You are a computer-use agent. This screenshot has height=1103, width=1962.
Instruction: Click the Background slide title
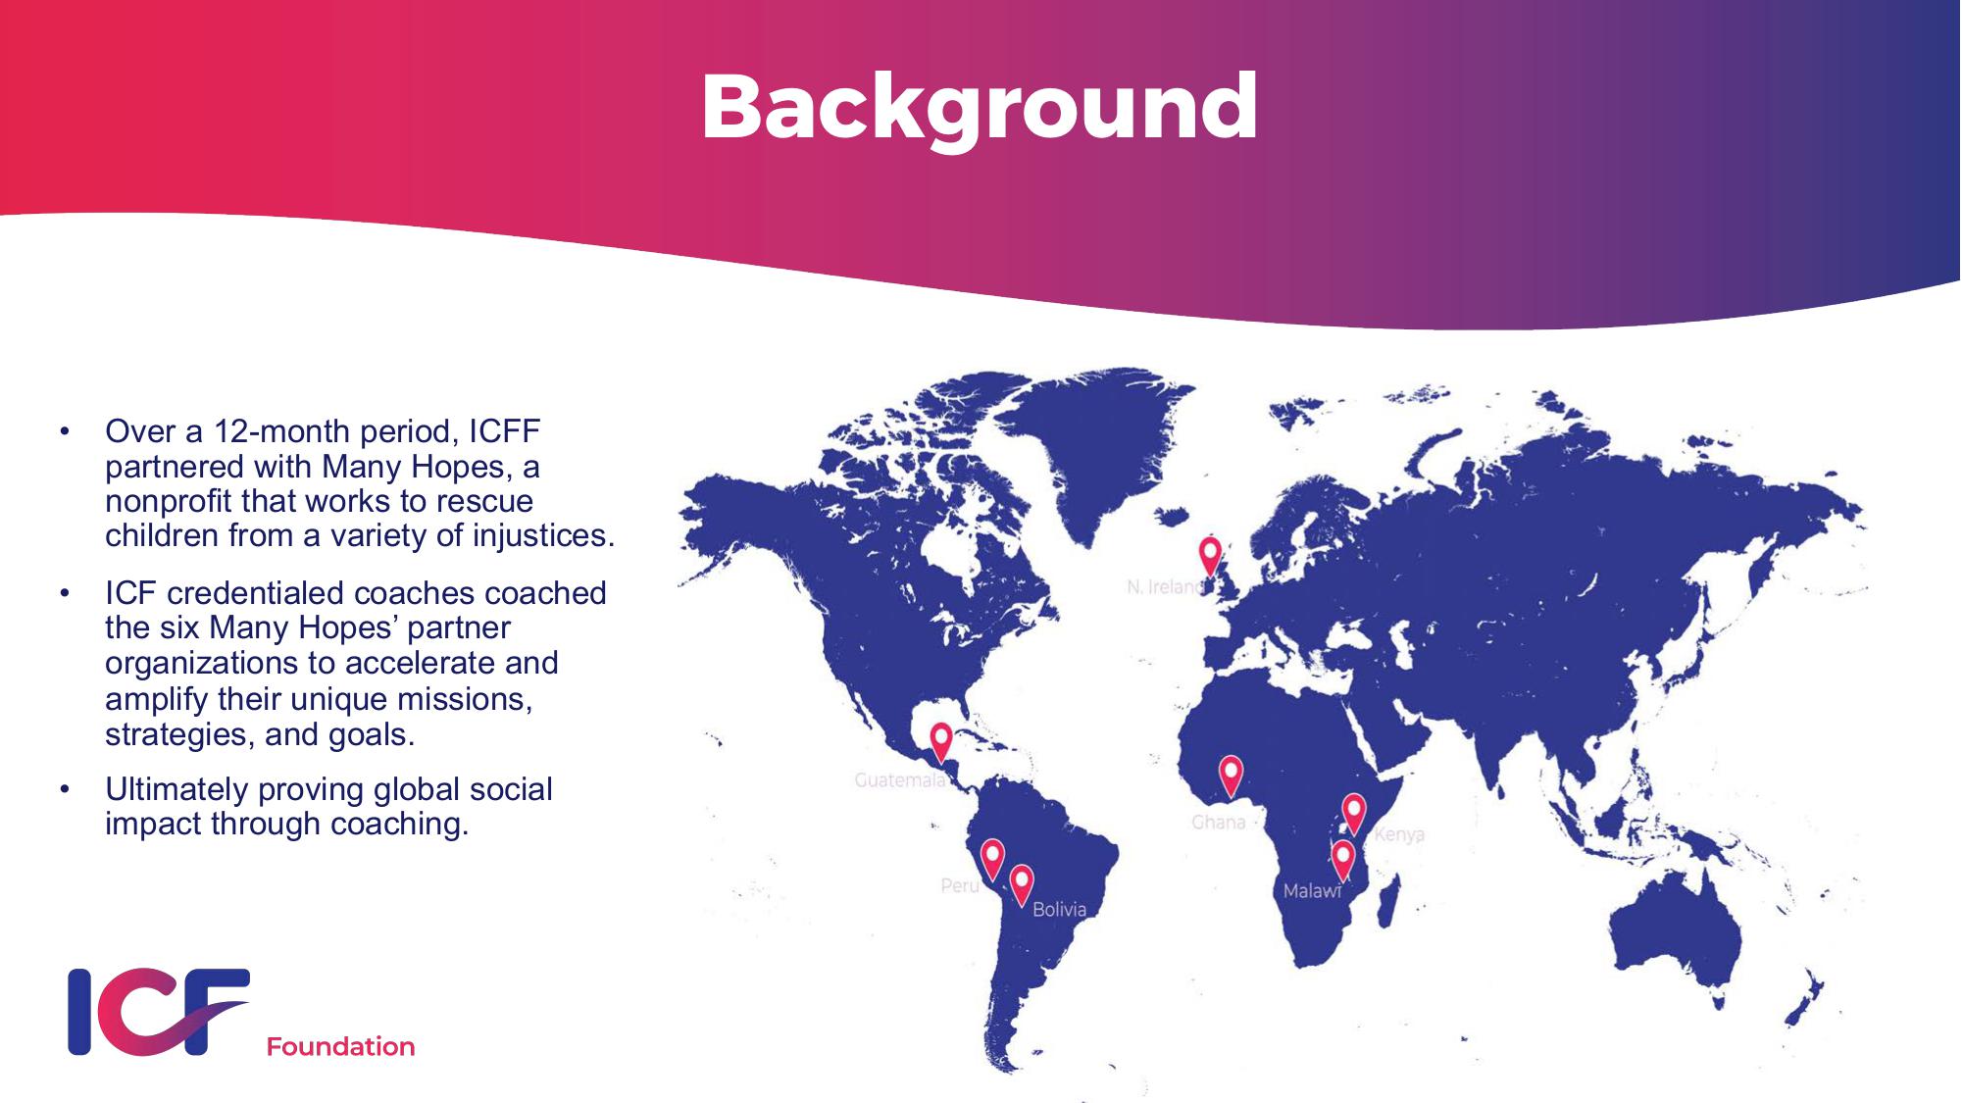(980, 108)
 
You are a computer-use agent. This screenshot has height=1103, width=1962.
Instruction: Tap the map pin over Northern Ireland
(1211, 556)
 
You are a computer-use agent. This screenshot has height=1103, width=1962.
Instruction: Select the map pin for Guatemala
(941, 742)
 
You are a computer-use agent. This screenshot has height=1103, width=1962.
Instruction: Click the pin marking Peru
(992, 859)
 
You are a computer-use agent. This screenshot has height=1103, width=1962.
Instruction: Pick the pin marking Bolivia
(1022, 884)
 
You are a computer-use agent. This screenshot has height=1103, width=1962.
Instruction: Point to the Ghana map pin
(1231, 776)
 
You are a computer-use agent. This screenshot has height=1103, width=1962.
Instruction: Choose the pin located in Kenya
(1354, 813)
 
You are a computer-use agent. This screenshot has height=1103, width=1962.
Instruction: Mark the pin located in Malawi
(1342, 860)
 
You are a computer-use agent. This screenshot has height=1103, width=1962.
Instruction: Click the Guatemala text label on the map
(900, 780)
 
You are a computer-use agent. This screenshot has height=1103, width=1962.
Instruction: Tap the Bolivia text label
(1060, 910)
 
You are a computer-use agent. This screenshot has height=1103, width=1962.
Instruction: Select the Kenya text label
(1399, 835)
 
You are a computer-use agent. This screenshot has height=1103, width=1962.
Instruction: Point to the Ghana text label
(1219, 822)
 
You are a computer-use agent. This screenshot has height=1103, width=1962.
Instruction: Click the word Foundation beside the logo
(341, 1047)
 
